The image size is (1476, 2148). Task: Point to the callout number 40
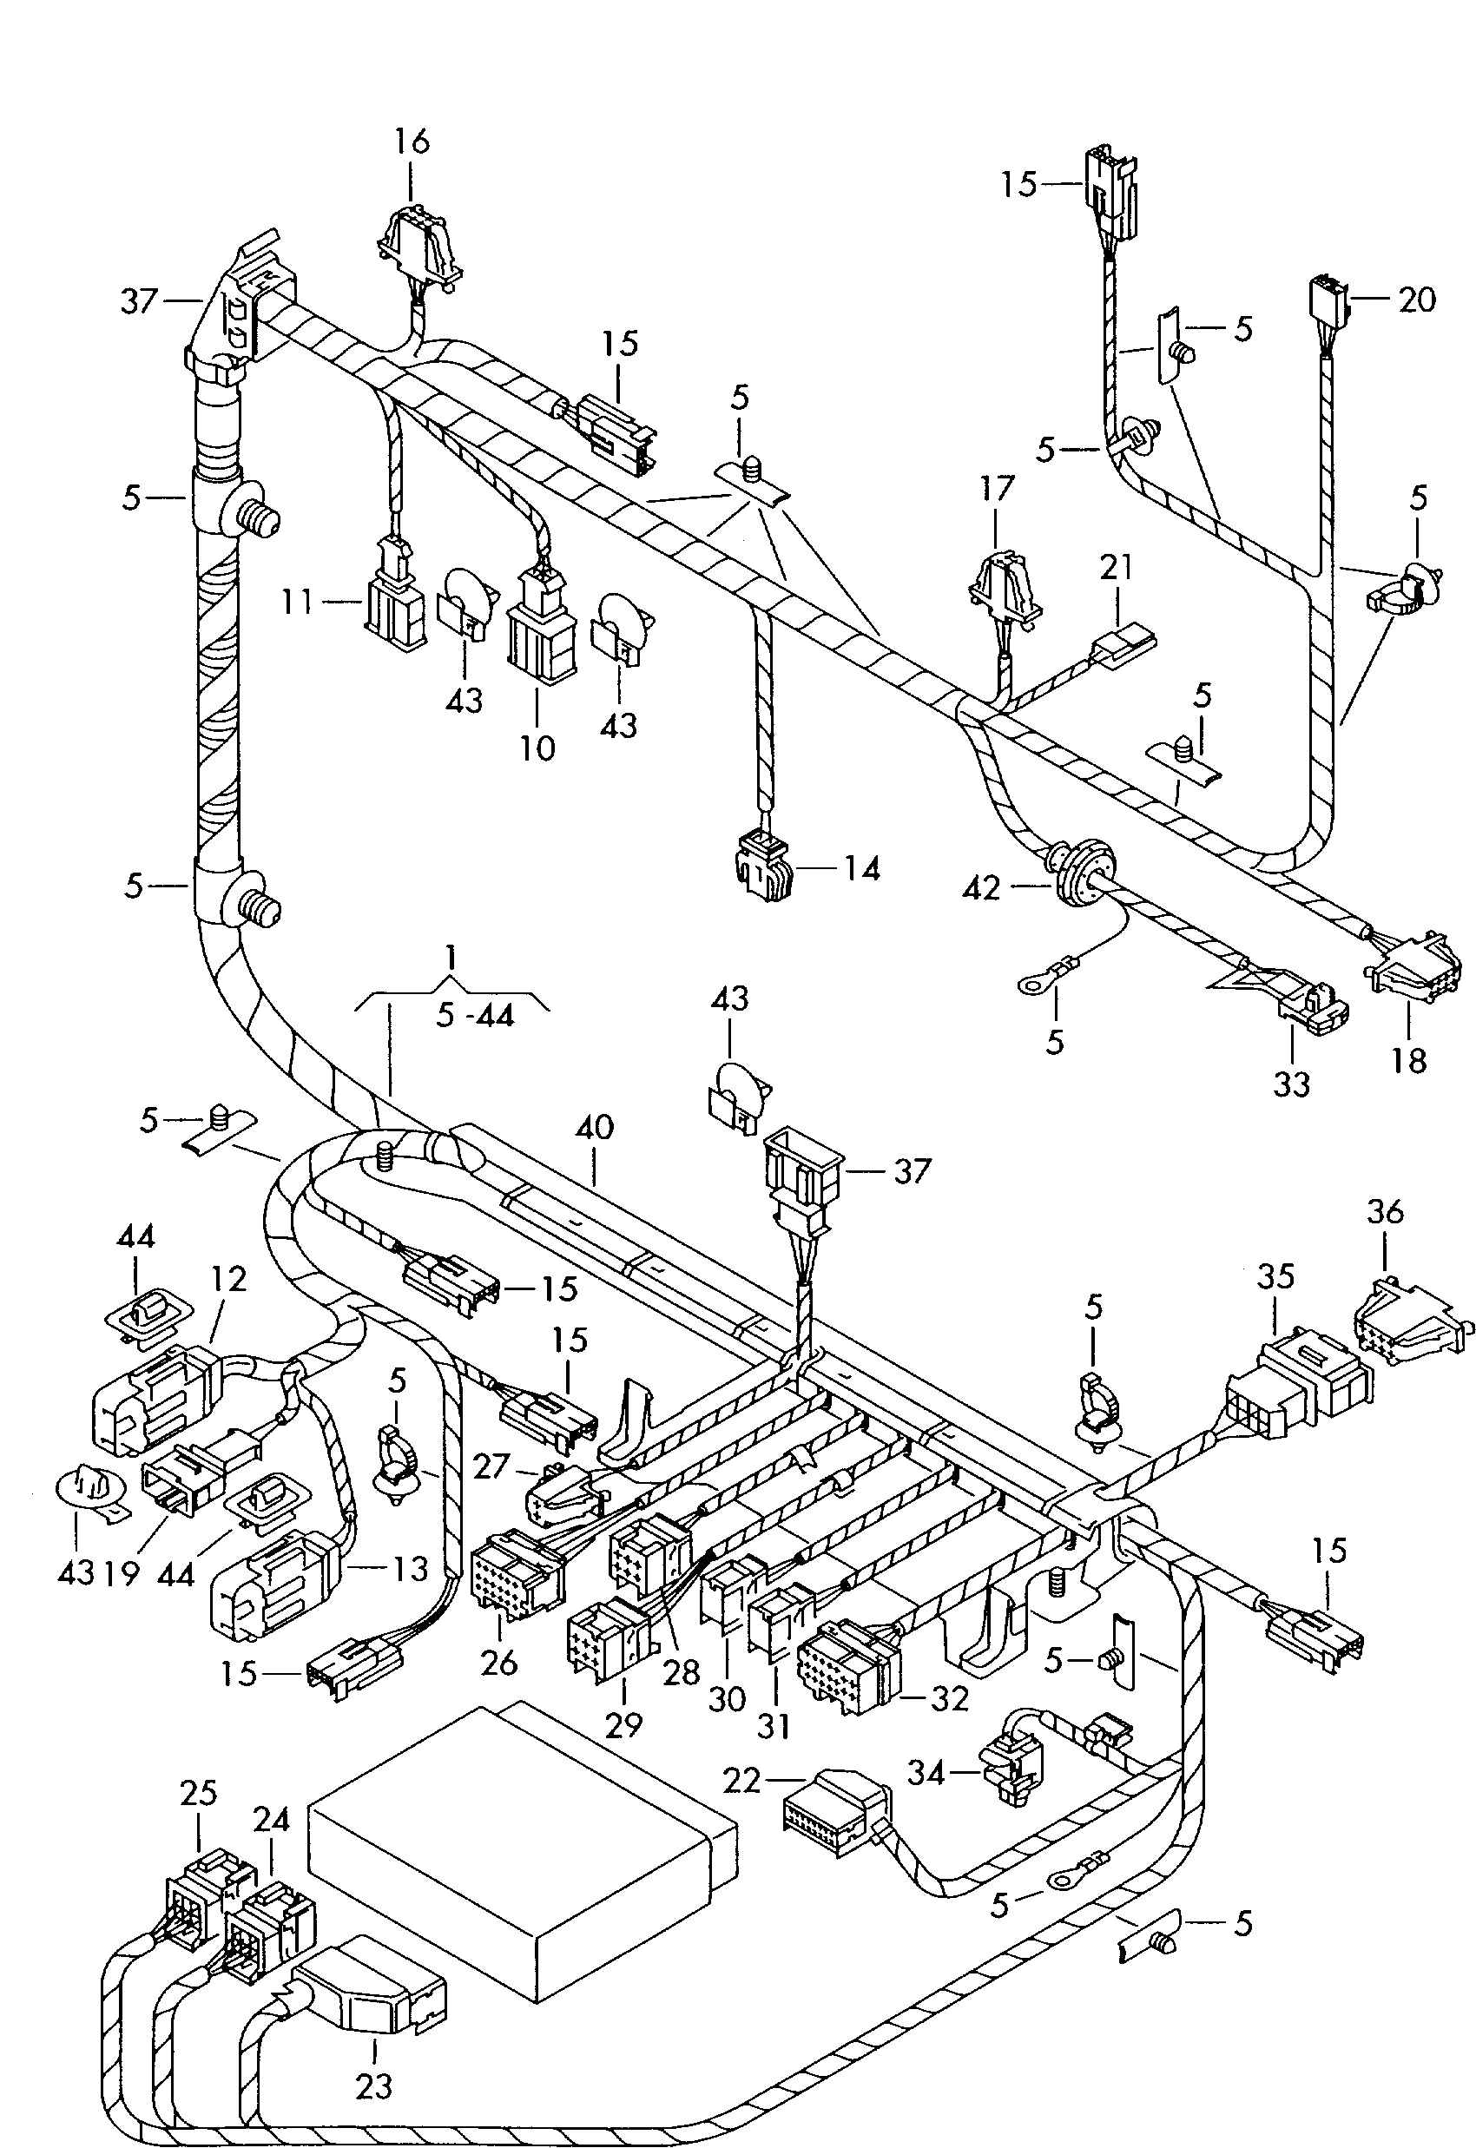pyautogui.click(x=594, y=1127)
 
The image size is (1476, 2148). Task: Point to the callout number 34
pyautogui.click(x=926, y=1773)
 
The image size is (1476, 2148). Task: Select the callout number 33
pyautogui.click(x=1291, y=1084)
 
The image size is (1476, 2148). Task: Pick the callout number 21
pyautogui.click(x=1117, y=567)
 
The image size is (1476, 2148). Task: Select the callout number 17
pyautogui.click(x=996, y=488)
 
